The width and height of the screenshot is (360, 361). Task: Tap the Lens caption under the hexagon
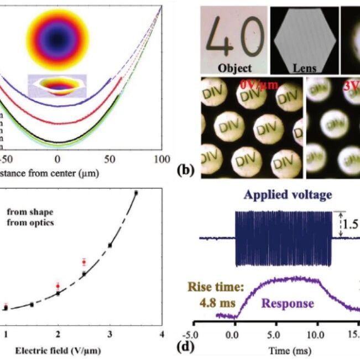pos(304,69)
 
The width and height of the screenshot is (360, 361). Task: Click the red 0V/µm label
pos(257,86)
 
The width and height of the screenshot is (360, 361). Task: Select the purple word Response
pos(288,303)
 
